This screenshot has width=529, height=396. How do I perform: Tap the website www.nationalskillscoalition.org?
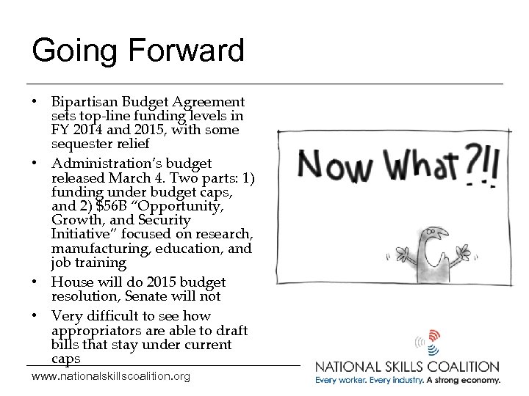111,376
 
